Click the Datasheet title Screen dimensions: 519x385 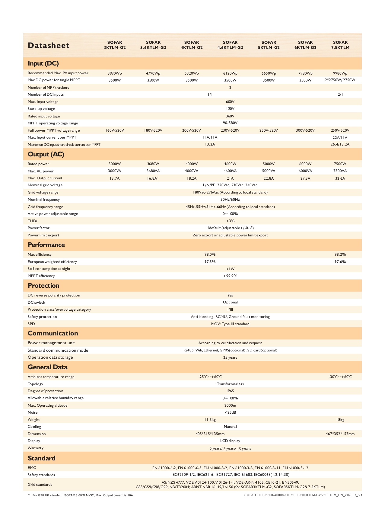(48, 45)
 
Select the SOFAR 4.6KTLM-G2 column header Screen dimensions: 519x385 (230, 45)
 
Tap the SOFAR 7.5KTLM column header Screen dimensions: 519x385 (340, 45)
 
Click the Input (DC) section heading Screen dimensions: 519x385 (43, 63)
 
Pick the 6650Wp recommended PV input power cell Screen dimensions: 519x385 (269, 73)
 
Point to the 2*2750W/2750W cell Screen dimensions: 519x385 (340, 80)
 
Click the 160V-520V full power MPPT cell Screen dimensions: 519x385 (115, 130)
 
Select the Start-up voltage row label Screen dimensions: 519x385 (41, 109)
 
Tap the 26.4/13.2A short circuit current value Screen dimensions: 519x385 (340, 144)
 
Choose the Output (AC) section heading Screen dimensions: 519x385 (46, 154)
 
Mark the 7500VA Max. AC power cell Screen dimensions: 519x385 (340, 171)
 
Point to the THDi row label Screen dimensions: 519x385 (32, 221)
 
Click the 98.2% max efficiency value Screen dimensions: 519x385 (340, 255)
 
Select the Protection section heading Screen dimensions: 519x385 (43, 286)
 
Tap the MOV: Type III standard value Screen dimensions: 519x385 (230, 324)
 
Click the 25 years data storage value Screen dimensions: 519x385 (230, 357)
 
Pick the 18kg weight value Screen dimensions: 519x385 (340, 420)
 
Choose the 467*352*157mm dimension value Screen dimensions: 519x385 (340, 434)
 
